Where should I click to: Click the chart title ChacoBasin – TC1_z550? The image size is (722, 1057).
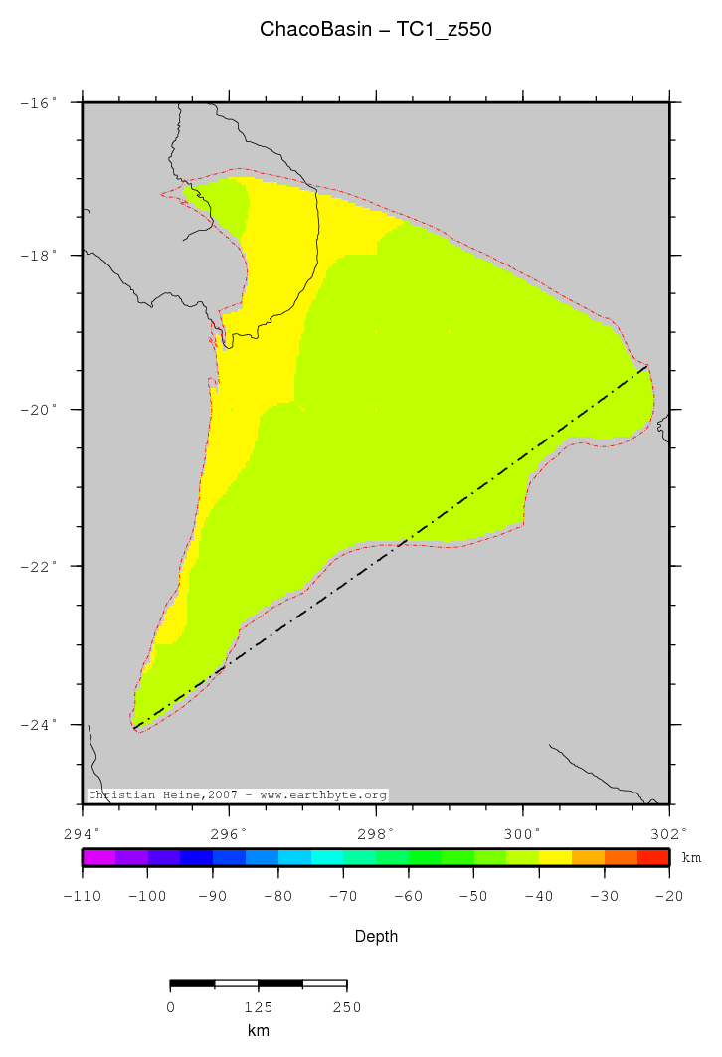click(x=375, y=30)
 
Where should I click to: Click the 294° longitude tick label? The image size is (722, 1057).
click(x=82, y=833)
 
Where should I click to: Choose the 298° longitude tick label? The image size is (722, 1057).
click(x=376, y=833)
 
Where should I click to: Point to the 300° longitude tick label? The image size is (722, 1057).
click(x=523, y=833)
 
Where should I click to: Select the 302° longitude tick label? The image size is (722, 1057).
click(x=668, y=833)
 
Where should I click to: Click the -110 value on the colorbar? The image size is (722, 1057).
click(x=83, y=896)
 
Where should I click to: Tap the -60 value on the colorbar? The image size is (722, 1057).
click(x=409, y=896)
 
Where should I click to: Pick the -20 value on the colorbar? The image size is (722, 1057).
click(x=668, y=896)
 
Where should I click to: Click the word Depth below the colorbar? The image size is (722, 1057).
click(x=376, y=936)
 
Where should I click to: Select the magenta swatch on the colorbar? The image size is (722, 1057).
click(x=98, y=857)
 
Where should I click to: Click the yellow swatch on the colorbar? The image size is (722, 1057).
click(x=555, y=857)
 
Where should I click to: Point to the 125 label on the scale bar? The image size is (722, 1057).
click(x=258, y=1007)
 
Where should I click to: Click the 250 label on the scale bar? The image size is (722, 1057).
click(x=346, y=1007)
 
